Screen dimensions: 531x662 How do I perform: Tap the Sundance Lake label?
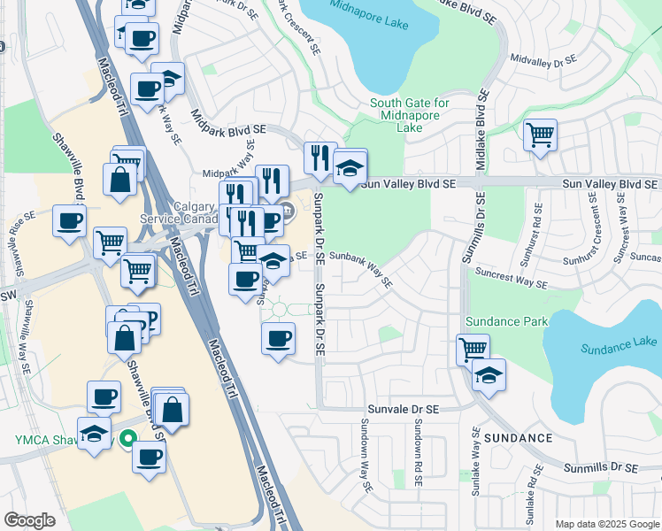[x=620, y=344]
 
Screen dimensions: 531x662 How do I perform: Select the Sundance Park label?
[x=510, y=321]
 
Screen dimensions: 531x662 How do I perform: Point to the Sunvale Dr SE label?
[x=404, y=409]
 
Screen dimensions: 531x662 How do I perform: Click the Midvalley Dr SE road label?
[x=543, y=61]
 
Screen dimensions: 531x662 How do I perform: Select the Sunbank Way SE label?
[x=361, y=268]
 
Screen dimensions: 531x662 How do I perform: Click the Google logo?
[x=29, y=519]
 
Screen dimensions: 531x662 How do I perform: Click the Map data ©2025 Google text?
[x=606, y=524]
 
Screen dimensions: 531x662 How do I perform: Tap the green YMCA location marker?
[x=128, y=437]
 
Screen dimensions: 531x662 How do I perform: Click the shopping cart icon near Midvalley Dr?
[x=540, y=135]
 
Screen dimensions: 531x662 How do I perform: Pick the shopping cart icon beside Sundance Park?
[x=473, y=349]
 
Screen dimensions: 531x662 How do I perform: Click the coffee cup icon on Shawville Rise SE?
[x=69, y=221]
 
